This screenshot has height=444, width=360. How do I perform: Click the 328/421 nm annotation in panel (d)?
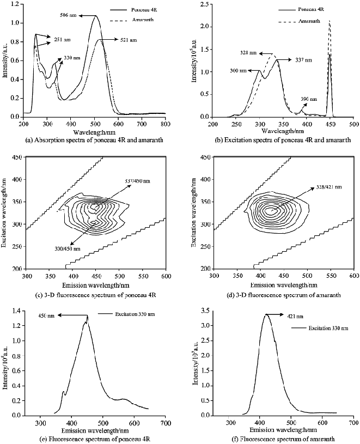[328, 187]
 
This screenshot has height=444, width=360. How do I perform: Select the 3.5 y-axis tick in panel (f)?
[205, 310]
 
